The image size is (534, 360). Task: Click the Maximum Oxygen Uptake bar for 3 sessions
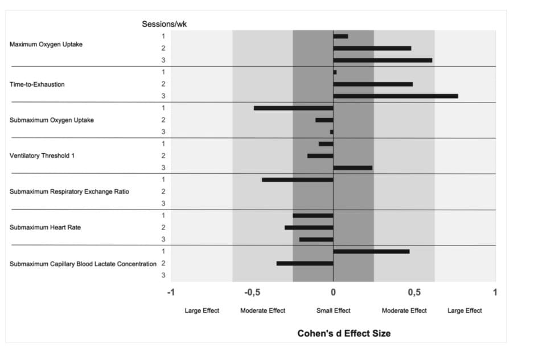click(x=383, y=60)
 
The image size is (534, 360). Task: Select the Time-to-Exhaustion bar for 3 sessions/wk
click(x=395, y=96)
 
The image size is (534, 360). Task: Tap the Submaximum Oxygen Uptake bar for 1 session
click(x=293, y=108)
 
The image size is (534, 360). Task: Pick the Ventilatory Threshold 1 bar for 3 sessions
click(x=352, y=167)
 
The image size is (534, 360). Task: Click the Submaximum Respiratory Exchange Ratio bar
click(x=297, y=179)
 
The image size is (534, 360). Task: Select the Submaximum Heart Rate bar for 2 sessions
click(x=309, y=227)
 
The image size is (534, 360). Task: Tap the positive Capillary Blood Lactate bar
click(x=371, y=251)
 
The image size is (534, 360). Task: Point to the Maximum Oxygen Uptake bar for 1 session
click(x=340, y=36)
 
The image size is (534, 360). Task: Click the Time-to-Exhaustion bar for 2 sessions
click(x=373, y=84)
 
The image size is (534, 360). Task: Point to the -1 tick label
click(x=171, y=292)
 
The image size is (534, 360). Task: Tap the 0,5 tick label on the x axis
click(x=414, y=292)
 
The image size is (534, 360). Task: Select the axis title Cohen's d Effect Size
click(x=344, y=333)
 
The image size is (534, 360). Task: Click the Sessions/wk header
click(x=164, y=24)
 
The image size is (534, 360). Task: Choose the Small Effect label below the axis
click(x=333, y=310)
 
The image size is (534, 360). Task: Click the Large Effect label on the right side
click(x=465, y=310)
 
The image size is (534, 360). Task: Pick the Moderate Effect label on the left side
click(x=262, y=310)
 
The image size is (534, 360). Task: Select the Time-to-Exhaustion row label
click(x=37, y=84)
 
